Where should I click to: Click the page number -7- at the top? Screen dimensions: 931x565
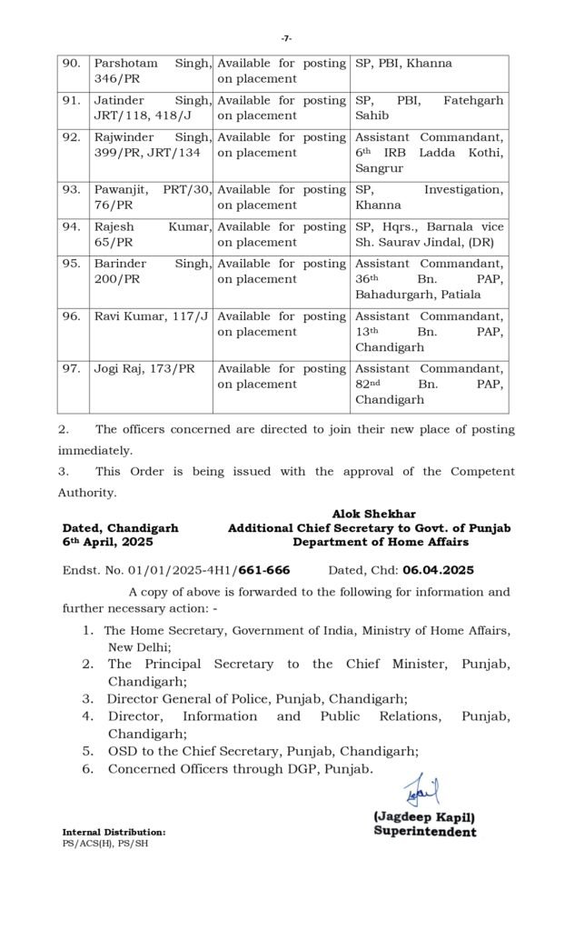(x=286, y=38)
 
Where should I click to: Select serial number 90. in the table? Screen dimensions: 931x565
(x=71, y=64)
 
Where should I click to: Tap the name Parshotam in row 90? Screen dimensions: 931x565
(x=125, y=64)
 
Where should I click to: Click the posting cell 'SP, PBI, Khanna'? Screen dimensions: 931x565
(x=402, y=64)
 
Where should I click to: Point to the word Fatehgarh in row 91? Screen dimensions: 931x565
(x=472, y=100)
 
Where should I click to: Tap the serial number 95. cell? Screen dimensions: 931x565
(x=71, y=264)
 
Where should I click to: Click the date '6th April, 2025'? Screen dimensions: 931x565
(x=108, y=542)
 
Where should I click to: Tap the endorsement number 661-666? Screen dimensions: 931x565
(x=265, y=570)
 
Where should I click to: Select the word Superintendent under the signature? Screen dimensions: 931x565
(x=424, y=831)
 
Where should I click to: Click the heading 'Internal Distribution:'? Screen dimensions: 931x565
(x=114, y=832)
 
